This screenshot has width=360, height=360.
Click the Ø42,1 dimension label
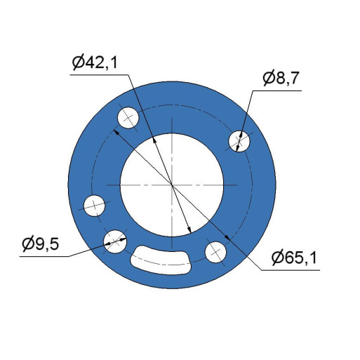click(95, 62)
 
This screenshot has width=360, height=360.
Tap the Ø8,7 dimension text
click(281, 78)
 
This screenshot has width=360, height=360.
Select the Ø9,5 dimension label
click(41, 244)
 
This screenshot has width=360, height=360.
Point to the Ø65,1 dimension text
click(295, 258)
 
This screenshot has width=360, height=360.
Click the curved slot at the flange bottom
click(161, 260)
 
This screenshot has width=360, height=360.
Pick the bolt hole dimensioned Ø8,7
click(239, 141)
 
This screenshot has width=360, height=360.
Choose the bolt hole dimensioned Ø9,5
click(115, 241)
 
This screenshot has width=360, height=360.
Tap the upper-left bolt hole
click(128, 118)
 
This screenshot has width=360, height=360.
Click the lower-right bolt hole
click(215, 253)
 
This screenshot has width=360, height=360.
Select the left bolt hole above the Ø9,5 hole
click(94, 206)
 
